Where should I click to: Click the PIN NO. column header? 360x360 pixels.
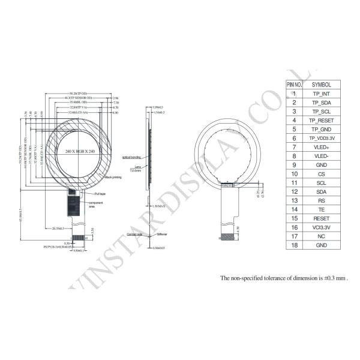[x=295, y=85]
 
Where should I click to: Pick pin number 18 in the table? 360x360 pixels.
[x=295, y=245]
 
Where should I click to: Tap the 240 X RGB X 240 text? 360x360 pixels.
[x=80, y=152]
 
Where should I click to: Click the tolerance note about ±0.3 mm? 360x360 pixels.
[x=284, y=278]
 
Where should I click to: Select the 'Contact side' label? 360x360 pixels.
[x=135, y=234]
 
